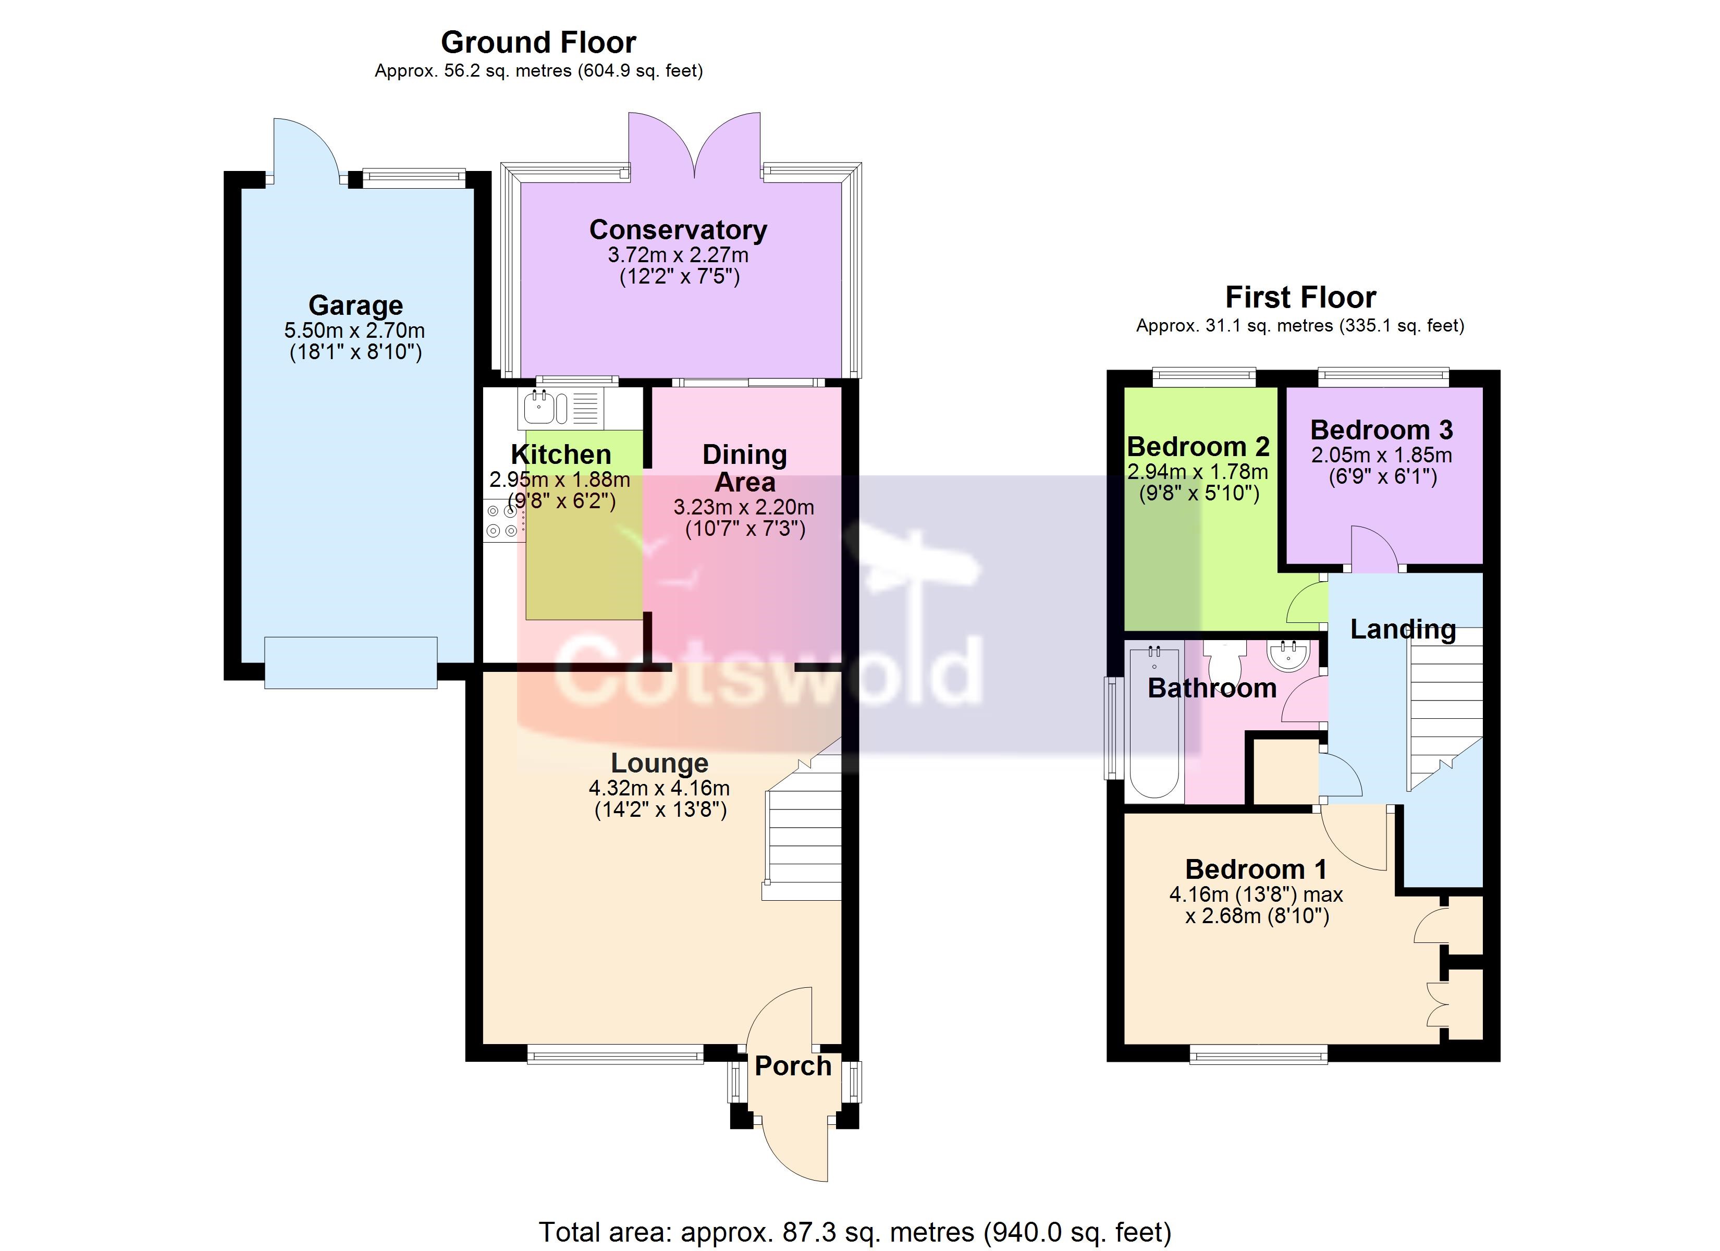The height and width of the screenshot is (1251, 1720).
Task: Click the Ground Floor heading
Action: click(538, 43)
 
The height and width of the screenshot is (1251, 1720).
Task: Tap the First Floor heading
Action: click(1300, 298)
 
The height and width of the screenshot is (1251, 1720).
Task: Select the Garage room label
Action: click(355, 305)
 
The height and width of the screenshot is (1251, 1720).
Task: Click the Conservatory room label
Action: click(678, 229)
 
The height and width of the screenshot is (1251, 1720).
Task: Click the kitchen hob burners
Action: click(501, 520)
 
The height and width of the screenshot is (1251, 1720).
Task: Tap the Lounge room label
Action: click(660, 763)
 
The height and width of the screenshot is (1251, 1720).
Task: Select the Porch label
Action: click(793, 1066)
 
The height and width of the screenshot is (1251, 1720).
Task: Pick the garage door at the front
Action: click(350, 663)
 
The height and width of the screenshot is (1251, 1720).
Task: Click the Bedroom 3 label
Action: click(1382, 430)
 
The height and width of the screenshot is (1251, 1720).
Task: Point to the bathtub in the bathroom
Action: click(1154, 721)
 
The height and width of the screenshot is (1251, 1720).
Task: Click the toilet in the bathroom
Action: click(1223, 659)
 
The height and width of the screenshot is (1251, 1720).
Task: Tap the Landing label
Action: click(1403, 630)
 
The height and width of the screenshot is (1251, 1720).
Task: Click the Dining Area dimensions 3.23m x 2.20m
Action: click(744, 507)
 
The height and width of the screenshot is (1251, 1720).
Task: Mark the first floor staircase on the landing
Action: click(1445, 709)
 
